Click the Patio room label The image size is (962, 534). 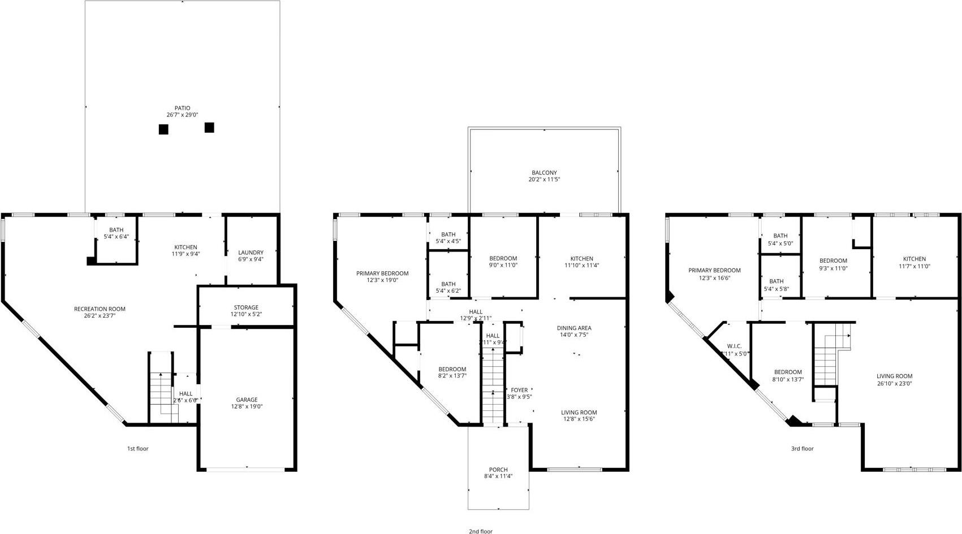point(182,108)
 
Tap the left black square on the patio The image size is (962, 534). point(163,129)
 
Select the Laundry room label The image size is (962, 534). point(251,253)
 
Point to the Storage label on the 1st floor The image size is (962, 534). point(246,307)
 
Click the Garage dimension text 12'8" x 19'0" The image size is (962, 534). point(247,406)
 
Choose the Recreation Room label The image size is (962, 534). point(100,309)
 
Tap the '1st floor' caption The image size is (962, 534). point(137,449)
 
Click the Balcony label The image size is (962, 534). point(544,173)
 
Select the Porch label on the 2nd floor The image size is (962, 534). point(498,470)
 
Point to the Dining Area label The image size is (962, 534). point(574,328)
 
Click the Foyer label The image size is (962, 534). point(519,390)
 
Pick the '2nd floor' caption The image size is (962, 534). point(480,531)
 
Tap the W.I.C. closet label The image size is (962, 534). point(735,346)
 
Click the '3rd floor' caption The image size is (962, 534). point(802,449)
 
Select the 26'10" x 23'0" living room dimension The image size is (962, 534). point(894,383)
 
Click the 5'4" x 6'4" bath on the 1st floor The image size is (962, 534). point(117,237)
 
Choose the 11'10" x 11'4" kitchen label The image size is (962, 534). point(581,265)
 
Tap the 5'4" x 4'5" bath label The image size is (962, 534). point(448,241)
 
